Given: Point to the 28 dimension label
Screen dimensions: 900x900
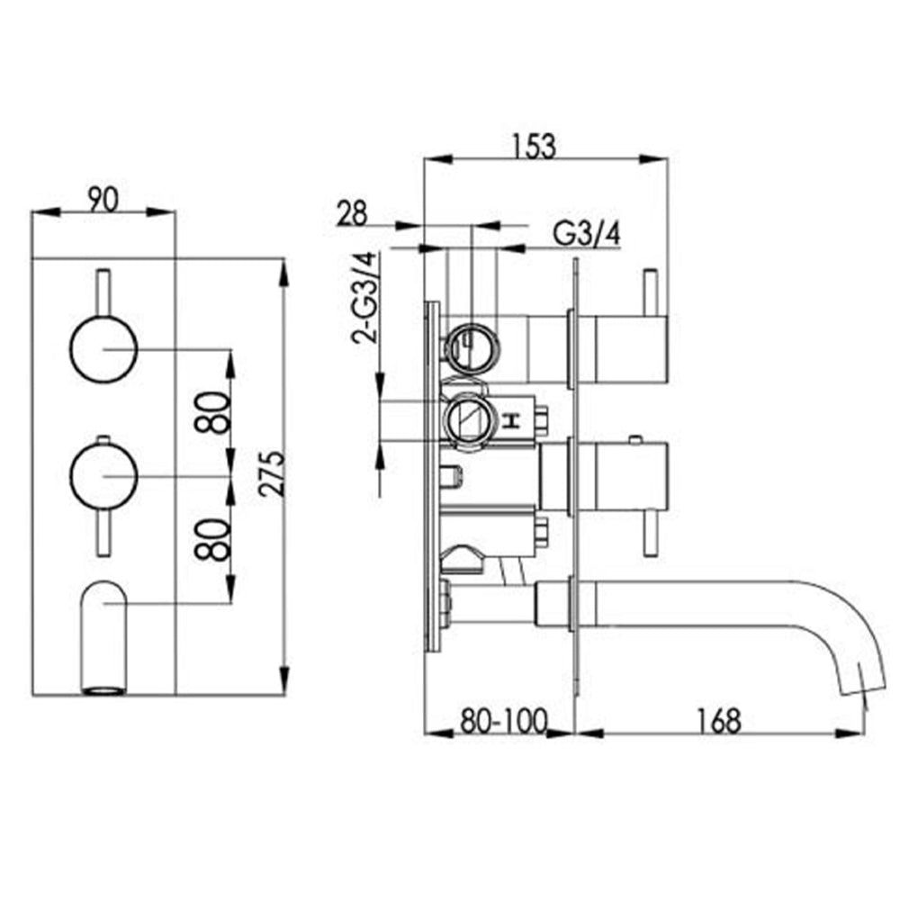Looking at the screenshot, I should tap(353, 213).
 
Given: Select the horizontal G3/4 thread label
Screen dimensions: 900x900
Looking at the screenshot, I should tap(586, 234).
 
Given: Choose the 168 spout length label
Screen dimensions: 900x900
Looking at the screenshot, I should tap(717, 720).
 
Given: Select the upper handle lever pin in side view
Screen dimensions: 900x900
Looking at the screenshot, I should tap(650, 293).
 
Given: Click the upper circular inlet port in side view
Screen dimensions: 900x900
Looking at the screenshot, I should tap(470, 343).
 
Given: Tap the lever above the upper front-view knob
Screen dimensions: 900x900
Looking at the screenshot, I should tap(103, 291).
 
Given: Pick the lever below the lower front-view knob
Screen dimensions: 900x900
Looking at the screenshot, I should tap(103, 531).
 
